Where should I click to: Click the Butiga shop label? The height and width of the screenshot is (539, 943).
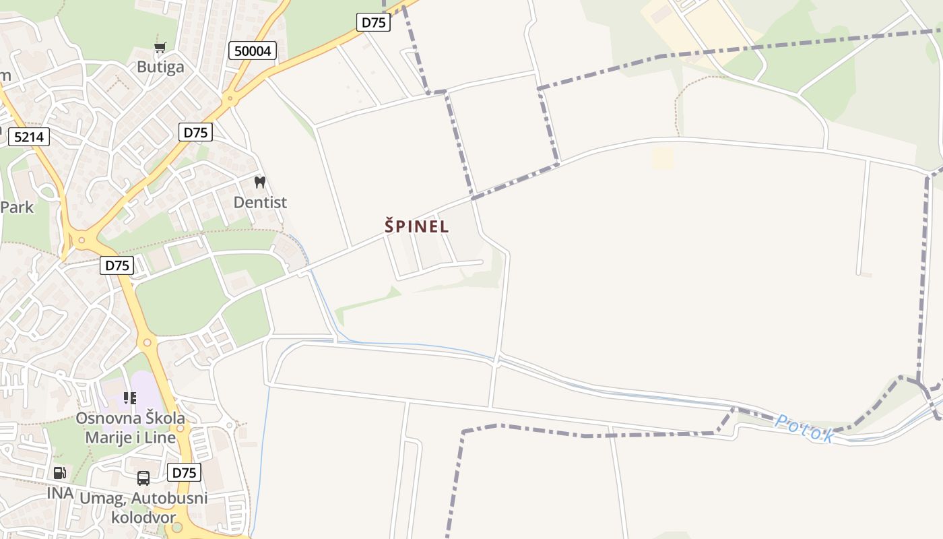[160, 67]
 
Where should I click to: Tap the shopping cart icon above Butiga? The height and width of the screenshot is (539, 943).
[160, 47]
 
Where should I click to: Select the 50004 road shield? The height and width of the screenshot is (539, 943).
[253, 51]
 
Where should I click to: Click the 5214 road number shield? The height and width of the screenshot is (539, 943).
[29, 137]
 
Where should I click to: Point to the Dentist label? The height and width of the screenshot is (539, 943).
[260, 202]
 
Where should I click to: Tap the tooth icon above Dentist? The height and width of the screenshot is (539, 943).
[260, 182]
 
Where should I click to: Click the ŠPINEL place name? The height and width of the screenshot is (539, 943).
[416, 226]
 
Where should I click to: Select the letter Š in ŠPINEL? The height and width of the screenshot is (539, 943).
[390, 226]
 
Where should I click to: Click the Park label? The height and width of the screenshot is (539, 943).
[17, 207]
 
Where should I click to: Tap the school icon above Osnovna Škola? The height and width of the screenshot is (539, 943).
[129, 398]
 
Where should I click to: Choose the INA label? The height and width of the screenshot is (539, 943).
[60, 493]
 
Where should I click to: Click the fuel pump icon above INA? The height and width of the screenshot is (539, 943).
[59, 473]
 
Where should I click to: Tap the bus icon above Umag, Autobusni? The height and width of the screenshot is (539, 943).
[143, 478]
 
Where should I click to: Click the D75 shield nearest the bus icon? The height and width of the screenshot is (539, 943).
[184, 472]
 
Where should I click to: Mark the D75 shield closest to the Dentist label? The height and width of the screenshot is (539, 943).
[196, 132]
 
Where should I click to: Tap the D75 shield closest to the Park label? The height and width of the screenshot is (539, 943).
[117, 265]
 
